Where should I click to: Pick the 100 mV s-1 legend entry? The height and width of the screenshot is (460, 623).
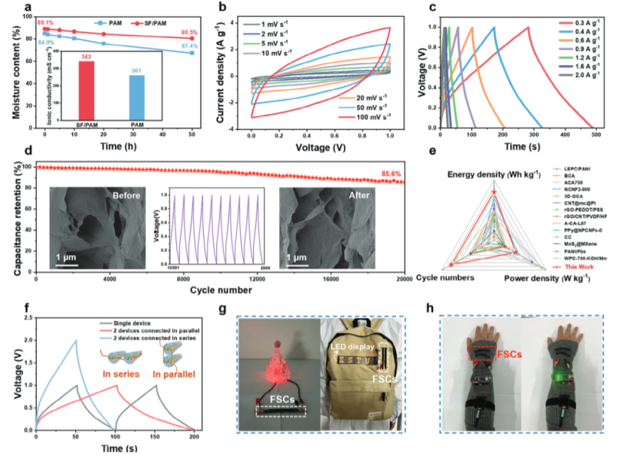point(368,117)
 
